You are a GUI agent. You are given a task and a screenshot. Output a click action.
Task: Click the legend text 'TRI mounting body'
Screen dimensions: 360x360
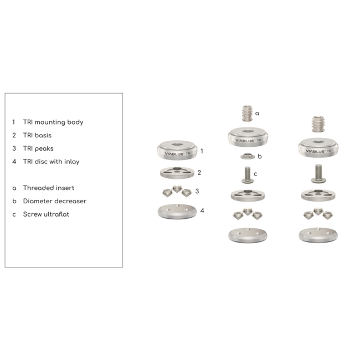pyautogui.click(x=53, y=121)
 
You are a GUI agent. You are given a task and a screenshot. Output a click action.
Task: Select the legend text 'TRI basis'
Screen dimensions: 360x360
pyautogui.click(x=39, y=135)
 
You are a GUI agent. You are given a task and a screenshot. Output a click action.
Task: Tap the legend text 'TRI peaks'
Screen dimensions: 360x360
pyautogui.click(x=38, y=148)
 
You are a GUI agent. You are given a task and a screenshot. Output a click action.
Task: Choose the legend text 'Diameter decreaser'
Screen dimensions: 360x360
pyautogui.click(x=55, y=202)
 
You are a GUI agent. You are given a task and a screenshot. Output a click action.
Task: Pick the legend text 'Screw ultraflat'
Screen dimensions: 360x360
pyautogui.click(x=47, y=215)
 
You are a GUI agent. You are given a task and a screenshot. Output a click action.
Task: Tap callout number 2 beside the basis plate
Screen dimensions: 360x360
pyautogui.click(x=199, y=172)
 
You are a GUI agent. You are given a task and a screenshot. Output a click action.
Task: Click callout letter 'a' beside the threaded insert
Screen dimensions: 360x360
pyautogui.click(x=257, y=113)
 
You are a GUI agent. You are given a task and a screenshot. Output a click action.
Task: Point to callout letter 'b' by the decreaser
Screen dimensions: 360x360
pyautogui.click(x=259, y=156)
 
